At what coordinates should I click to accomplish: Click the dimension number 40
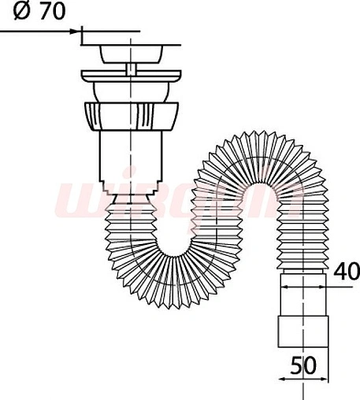(x=345, y=272)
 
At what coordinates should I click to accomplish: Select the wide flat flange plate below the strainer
(x=131, y=80)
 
